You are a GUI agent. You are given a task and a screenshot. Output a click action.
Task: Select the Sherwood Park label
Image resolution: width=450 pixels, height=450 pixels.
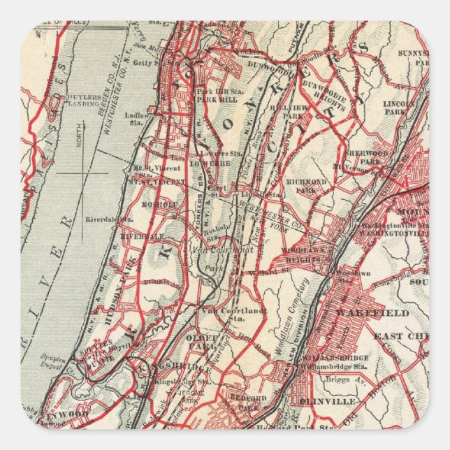pos(366,157)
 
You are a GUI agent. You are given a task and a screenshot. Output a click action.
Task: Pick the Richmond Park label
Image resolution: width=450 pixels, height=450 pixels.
pos(306,185)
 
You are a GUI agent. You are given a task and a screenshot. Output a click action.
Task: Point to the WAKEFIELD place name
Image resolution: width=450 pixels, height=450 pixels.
pos(372,313)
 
